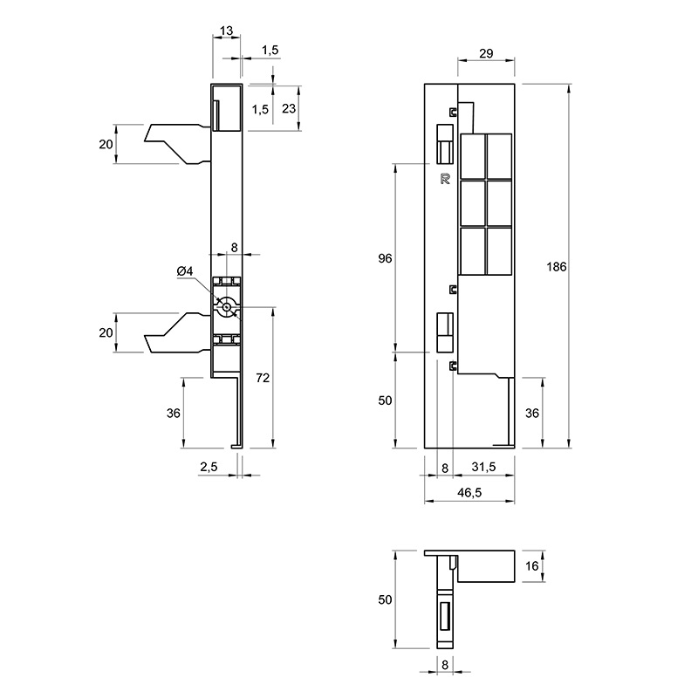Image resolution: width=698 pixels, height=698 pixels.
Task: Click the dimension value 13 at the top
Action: pos(226,31)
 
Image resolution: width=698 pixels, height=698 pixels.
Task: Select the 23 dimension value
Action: pos(289,108)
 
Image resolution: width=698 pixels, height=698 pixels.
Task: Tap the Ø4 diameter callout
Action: pos(185,270)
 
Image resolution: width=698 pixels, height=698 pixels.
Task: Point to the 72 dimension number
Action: pos(263,378)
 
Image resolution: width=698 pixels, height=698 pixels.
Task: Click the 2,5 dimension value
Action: pos(209,467)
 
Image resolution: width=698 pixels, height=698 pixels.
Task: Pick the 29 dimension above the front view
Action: pos(486,53)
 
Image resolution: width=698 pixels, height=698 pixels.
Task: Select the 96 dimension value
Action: pos(385,258)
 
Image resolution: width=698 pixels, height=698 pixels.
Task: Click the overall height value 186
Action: pos(557,267)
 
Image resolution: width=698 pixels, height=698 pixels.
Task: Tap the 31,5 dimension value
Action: pos(483,467)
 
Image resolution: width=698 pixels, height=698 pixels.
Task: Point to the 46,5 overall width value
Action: pos(469,492)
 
